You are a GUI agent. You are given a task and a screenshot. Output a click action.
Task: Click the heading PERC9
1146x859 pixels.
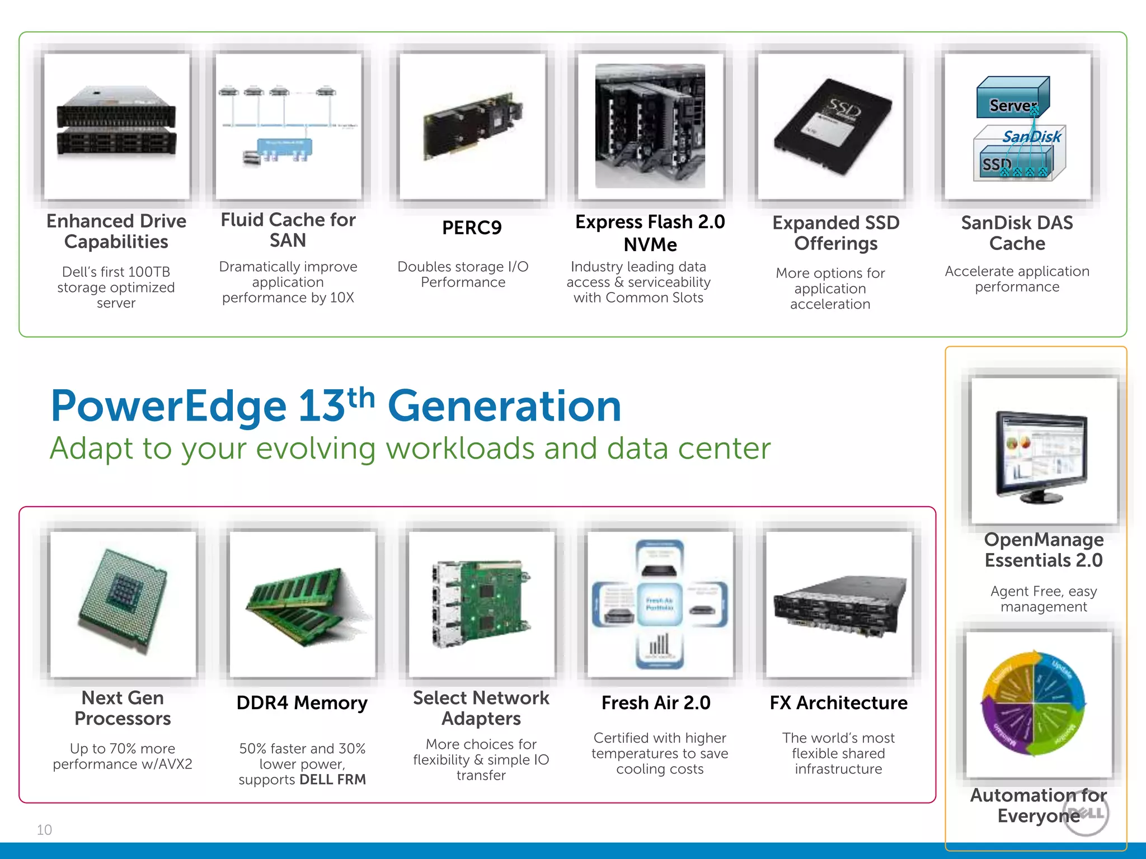[472, 228]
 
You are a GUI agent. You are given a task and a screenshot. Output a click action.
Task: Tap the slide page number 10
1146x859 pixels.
[44, 830]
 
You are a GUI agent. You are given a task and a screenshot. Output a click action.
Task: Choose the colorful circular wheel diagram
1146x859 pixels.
[1033, 703]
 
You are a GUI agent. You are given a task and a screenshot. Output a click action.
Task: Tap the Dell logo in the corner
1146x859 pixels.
[1086, 814]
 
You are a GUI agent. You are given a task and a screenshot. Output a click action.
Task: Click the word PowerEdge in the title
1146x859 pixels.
[168, 407]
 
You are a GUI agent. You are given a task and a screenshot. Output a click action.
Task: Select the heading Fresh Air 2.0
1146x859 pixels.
[656, 703]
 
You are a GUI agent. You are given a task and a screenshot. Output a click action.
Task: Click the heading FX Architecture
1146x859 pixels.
[838, 703]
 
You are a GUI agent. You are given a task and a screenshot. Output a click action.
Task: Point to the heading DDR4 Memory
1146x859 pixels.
[302, 703]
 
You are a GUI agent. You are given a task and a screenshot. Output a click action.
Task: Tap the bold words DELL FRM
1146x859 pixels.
[332, 780]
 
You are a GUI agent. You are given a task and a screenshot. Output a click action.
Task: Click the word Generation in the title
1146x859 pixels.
[504, 407]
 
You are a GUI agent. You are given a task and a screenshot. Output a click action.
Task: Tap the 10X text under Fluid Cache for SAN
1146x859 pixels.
[342, 298]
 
